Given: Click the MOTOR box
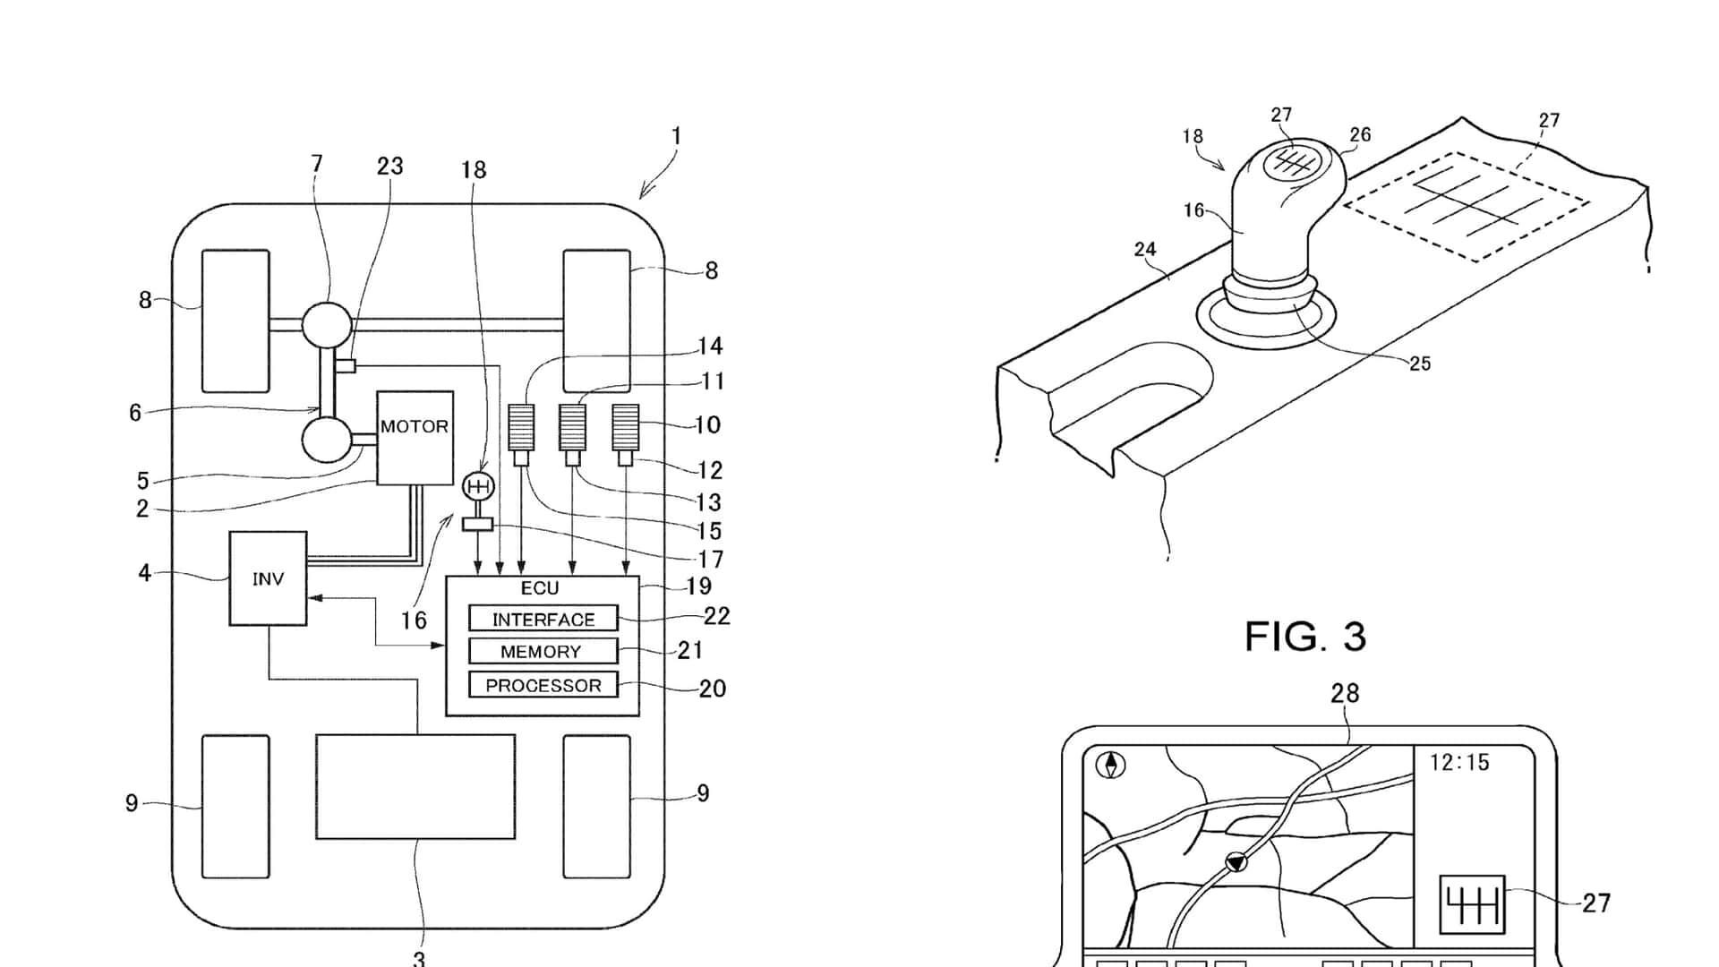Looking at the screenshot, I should (x=415, y=438).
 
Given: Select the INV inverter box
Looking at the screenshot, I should (x=268, y=578).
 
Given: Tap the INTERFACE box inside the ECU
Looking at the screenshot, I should (x=543, y=619).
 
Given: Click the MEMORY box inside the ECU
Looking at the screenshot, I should (x=543, y=651).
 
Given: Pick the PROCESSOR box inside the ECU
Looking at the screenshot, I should (x=543, y=685).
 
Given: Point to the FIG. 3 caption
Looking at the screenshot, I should (x=1305, y=637).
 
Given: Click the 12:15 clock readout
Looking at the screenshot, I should (x=1459, y=763).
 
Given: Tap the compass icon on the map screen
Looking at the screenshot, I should (x=1111, y=766).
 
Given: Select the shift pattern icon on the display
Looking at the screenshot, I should (x=1472, y=905).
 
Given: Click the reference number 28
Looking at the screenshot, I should (x=1345, y=694).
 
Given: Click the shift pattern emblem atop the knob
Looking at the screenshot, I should (x=1291, y=161).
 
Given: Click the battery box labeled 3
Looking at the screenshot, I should (x=415, y=786).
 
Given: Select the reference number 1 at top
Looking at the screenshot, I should (x=676, y=137).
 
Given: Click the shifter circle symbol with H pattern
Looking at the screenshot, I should (x=478, y=486).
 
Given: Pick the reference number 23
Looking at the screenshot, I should (x=389, y=167).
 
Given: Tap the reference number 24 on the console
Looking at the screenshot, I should (x=1145, y=250).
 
